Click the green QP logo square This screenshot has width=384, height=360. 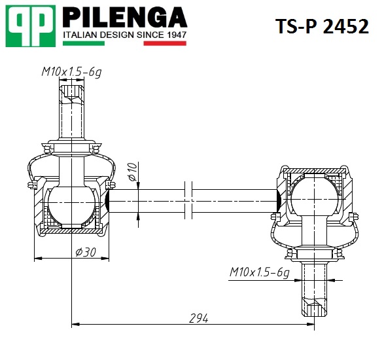tap(31, 26)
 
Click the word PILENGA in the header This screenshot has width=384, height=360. tap(125, 17)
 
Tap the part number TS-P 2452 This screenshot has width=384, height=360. tap(322, 26)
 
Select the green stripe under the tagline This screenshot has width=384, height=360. tap(84, 43)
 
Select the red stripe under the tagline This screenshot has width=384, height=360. tap(165, 43)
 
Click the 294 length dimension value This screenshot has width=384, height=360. tap(199, 318)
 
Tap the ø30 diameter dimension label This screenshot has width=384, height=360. tap(86, 252)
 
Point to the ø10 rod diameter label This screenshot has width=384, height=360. tap(132, 171)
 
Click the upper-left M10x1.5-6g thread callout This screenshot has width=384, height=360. tap(71, 72)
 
